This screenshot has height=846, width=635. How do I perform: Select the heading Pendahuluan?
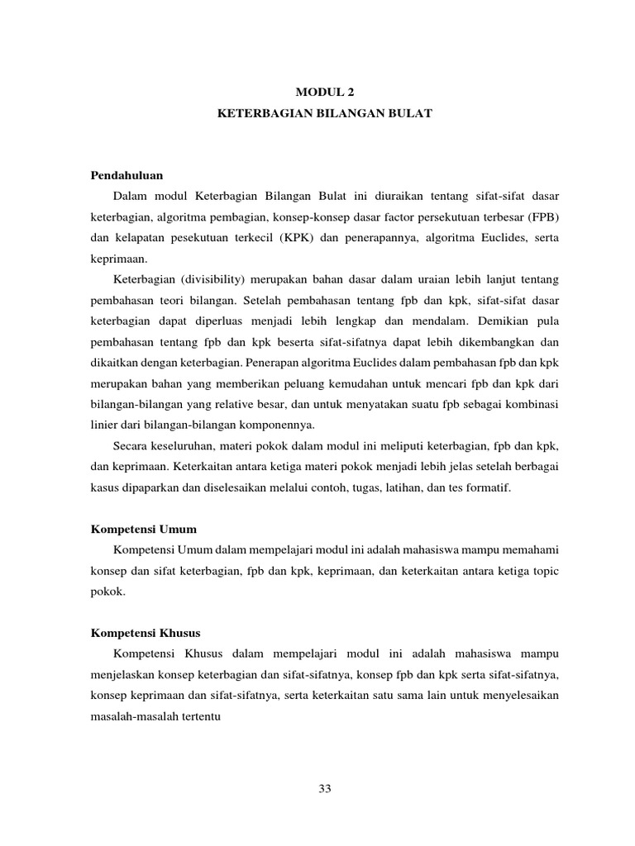[x=127, y=175]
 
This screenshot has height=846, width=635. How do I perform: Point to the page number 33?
[x=324, y=788]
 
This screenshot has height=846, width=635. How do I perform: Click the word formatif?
[x=486, y=488]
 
